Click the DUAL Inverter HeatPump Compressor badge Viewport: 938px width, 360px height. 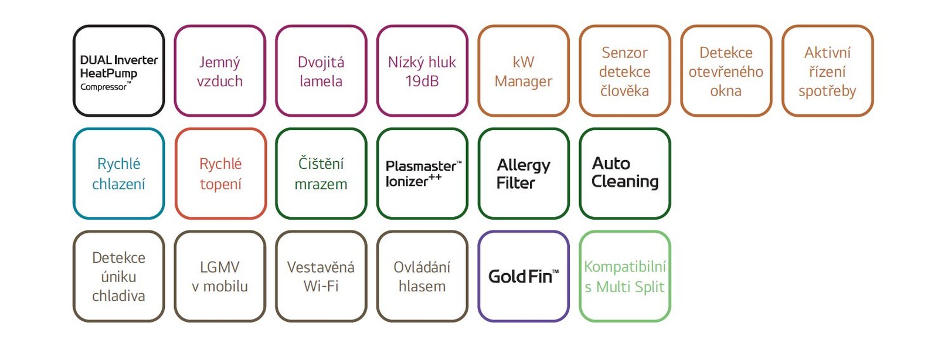[x=119, y=71]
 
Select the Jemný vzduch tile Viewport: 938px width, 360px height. [x=220, y=71]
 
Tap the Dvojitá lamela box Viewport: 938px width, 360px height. [x=321, y=71]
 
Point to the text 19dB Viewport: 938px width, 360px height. [x=422, y=81]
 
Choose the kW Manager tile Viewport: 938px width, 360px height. [x=524, y=71]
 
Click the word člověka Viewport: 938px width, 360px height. [x=625, y=91]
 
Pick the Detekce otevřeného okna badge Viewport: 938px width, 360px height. [x=726, y=71]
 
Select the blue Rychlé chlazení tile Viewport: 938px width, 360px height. [x=119, y=174]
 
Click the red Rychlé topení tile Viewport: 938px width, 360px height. [x=220, y=174]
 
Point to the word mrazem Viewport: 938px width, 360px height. [x=321, y=184]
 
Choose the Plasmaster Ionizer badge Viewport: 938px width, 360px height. [x=422, y=174]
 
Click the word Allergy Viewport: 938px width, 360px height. [x=524, y=166]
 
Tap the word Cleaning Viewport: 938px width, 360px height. [x=625, y=182]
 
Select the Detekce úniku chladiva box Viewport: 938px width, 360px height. [x=119, y=276]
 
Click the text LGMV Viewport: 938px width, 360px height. [x=220, y=267]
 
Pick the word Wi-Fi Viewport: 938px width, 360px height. [x=321, y=286]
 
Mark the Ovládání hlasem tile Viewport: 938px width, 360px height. [x=422, y=276]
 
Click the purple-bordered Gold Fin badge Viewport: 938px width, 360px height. [x=524, y=276]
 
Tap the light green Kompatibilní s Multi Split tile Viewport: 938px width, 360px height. [x=625, y=276]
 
